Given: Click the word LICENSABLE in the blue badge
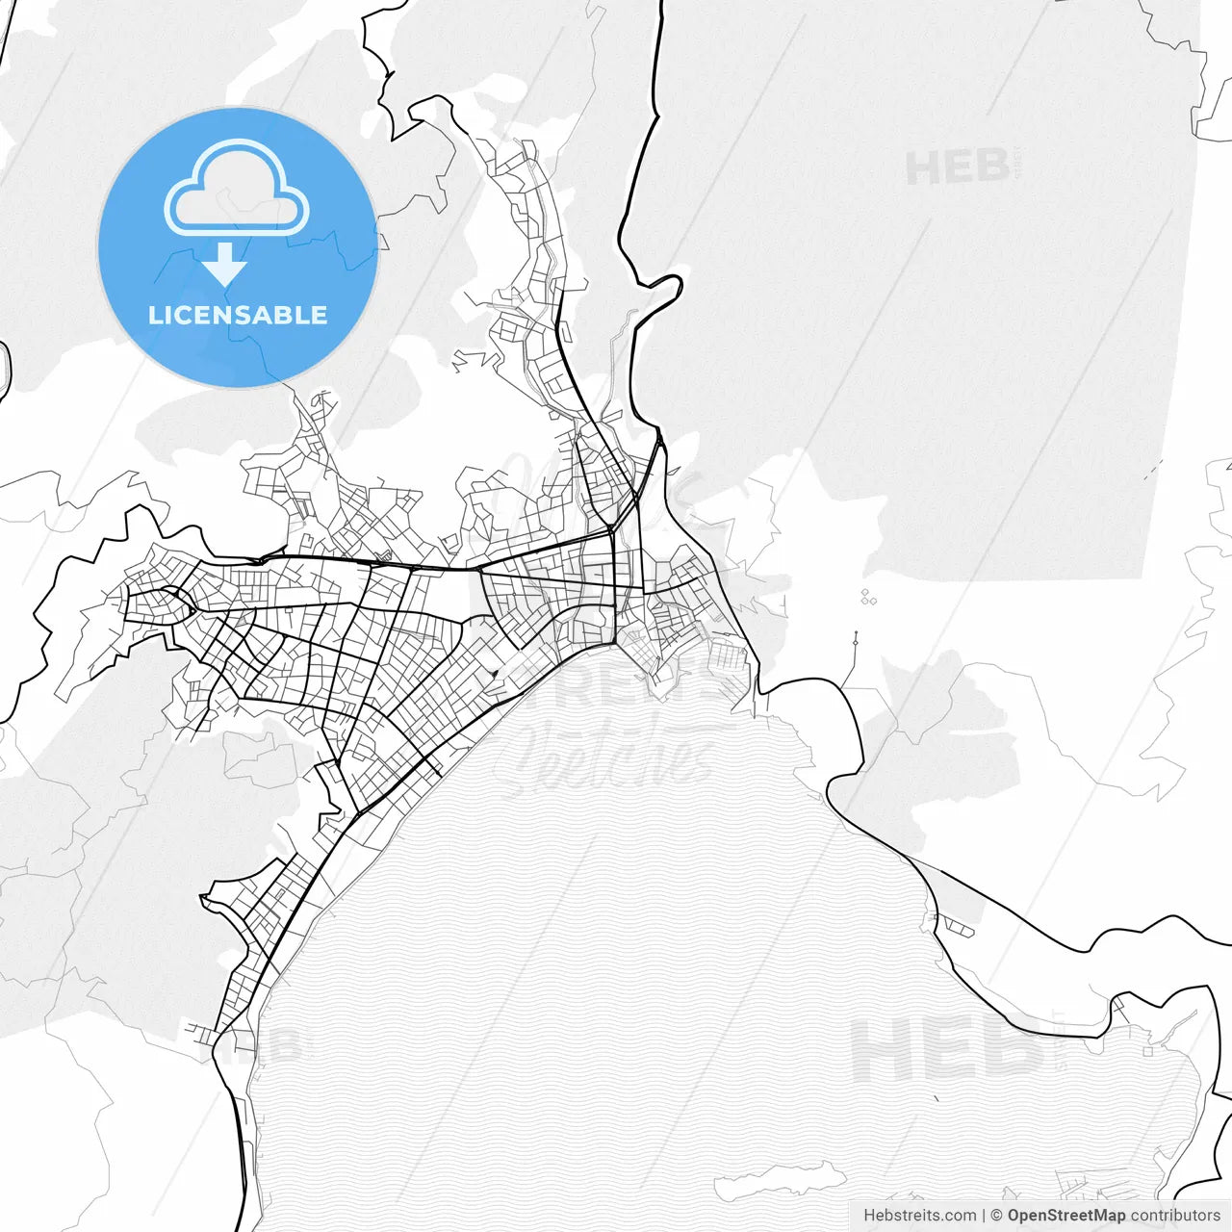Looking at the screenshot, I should pyautogui.click(x=238, y=315).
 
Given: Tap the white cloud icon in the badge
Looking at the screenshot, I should pyautogui.click(x=237, y=190).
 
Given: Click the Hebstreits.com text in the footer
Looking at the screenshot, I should pyautogui.click(x=919, y=1216).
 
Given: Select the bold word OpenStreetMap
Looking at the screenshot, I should pyautogui.click(x=1066, y=1216).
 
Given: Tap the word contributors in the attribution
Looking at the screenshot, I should pyautogui.click(x=1175, y=1216).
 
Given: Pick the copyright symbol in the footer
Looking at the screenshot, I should pyautogui.click(x=997, y=1216).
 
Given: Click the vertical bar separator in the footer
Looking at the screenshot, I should pyautogui.click(x=984, y=1216).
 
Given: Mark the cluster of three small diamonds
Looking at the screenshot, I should pyautogui.click(x=868, y=598).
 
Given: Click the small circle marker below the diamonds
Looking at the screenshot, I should pyautogui.click(x=855, y=636).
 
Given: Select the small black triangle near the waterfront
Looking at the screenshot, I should pyautogui.click(x=493, y=675).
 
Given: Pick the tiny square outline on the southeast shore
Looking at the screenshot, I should pyautogui.click(x=1147, y=1050).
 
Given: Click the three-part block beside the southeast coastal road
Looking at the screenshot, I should pyautogui.click(x=959, y=927).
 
